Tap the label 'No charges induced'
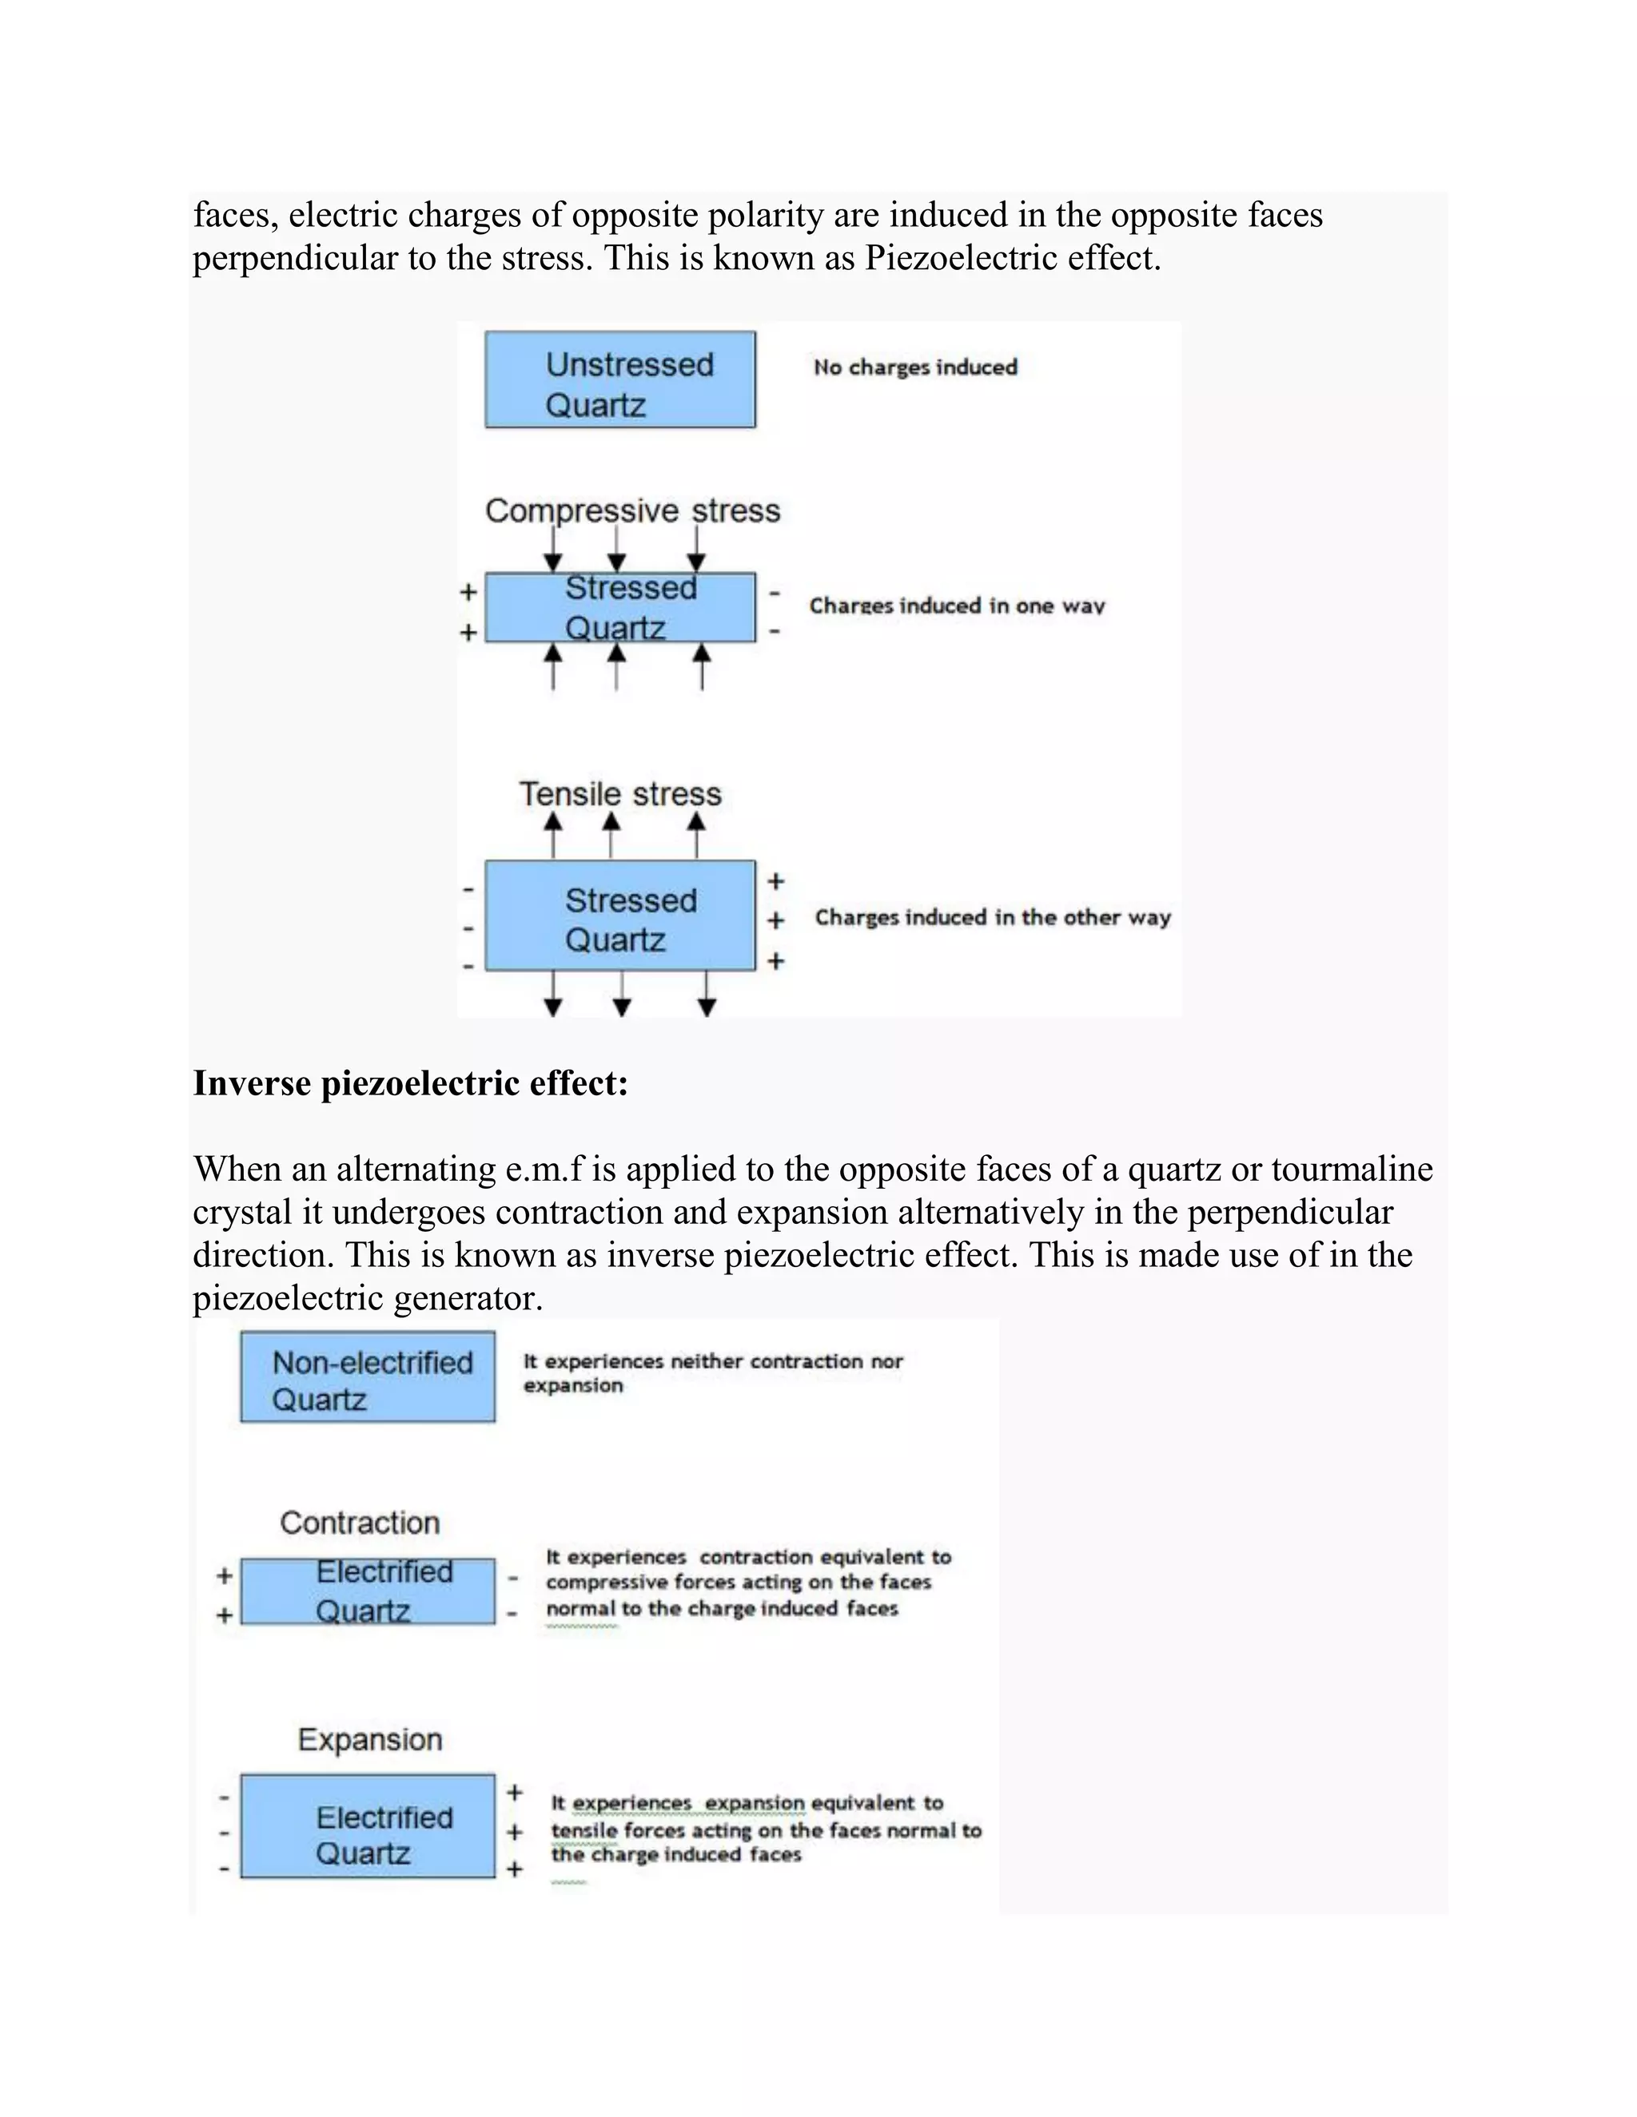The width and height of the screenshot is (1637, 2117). (914, 367)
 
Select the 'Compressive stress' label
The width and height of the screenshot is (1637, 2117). (632, 510)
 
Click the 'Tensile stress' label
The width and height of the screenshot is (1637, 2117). (619, 794)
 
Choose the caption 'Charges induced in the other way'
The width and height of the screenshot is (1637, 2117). (992, 917)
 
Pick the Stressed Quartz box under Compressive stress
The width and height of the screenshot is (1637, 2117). (619, 608)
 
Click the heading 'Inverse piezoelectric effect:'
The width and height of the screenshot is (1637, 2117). (410, 1082)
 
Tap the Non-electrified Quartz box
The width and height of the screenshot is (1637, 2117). (368, 1376)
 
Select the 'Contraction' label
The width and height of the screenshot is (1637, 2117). (360, 1523)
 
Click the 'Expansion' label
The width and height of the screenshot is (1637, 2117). (369, 1740)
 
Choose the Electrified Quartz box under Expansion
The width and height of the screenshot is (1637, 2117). (368, 1826)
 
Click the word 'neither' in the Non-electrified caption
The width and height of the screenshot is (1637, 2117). (706, 1361)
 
